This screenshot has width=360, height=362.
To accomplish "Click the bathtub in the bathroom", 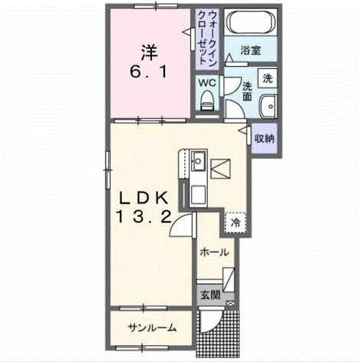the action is (251, 22).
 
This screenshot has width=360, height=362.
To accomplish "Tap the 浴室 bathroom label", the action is (250, 51).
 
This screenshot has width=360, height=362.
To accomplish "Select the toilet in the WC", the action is (206, 100).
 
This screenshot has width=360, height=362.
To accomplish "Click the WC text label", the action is (207, 83).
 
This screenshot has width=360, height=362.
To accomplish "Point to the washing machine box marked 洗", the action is (267, 78).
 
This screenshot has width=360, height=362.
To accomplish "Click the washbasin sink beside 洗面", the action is (268, 107).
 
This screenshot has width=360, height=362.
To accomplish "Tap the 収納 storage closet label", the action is (264, 138).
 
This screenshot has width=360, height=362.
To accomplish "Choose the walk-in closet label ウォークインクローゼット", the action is (207, 38).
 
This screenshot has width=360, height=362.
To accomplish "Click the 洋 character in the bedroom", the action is (148, 53).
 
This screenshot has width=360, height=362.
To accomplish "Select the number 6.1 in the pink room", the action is (148, 72).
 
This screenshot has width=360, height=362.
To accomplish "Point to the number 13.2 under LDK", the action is (144, 218).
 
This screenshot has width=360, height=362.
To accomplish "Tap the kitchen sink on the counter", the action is (198, 160).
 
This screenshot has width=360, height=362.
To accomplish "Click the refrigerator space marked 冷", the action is (236, 222).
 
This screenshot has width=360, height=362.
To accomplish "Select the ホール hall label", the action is (214, 252).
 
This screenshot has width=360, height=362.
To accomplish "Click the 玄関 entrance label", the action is (210, 295).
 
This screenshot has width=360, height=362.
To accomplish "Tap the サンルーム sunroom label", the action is (153, 327).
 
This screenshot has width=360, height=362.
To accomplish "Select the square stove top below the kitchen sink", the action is (198, 195).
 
